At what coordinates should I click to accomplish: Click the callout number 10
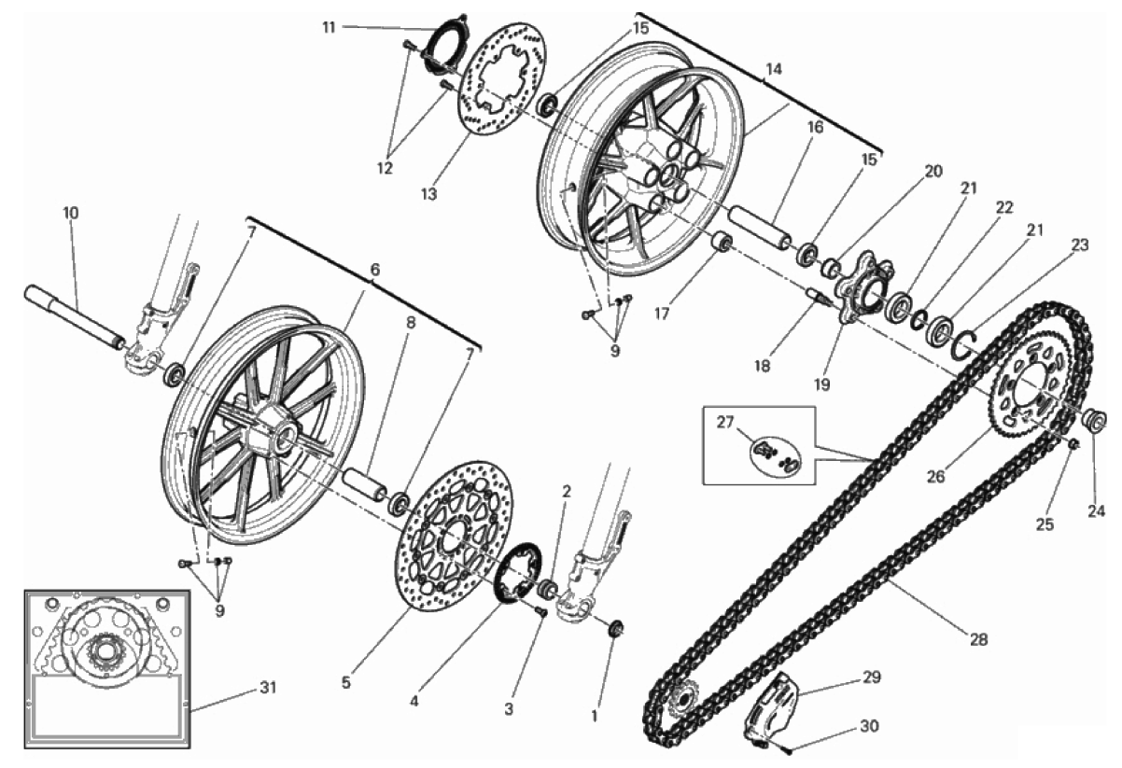[x=71, y=213]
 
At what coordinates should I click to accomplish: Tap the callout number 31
[x=268, y=690]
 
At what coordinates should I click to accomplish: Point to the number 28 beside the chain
[x=977, y=640]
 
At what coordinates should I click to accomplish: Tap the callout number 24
[x=1094, y=510]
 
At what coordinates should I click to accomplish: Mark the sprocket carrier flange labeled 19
[x=857, y=291]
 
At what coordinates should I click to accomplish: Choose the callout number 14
[x=773, y=69]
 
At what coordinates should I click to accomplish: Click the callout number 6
[x=374, y=270]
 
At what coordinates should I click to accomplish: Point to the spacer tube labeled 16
[x=757, y=229]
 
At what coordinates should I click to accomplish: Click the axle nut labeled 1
[x=615, y=630]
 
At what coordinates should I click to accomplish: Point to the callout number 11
[x=329, y=27]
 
